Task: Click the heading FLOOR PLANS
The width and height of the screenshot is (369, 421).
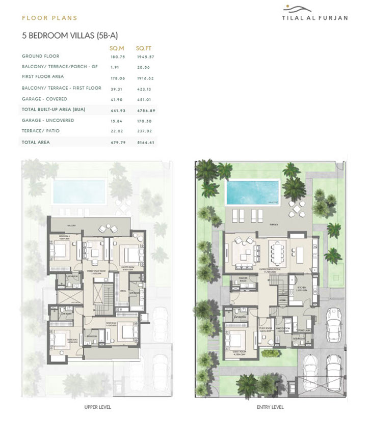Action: coord(49,18)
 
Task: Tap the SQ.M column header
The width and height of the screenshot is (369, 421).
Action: coord(117,48)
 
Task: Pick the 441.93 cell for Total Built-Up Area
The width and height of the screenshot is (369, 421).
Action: coord(117,109)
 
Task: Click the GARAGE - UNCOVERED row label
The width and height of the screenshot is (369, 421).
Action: coord(48,120)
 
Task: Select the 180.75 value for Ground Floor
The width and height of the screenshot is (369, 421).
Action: coord(117,56)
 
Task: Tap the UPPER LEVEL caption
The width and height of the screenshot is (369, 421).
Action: coord(97,407)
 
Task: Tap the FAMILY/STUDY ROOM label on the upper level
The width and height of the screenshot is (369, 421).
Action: coord(95,271)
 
